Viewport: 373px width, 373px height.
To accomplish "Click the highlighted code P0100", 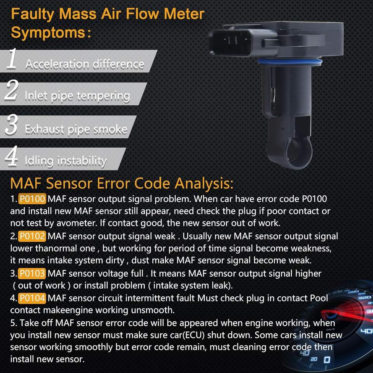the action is click(33, 199).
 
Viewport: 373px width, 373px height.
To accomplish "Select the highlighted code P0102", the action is click(33, 236).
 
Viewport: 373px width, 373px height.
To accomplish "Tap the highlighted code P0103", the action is click(33, 273).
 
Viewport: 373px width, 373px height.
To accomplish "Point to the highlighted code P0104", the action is click(33, 298).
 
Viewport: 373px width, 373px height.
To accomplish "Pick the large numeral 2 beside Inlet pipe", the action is click(12, 91).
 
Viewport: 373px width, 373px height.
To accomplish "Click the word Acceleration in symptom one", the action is click(54, 64).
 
